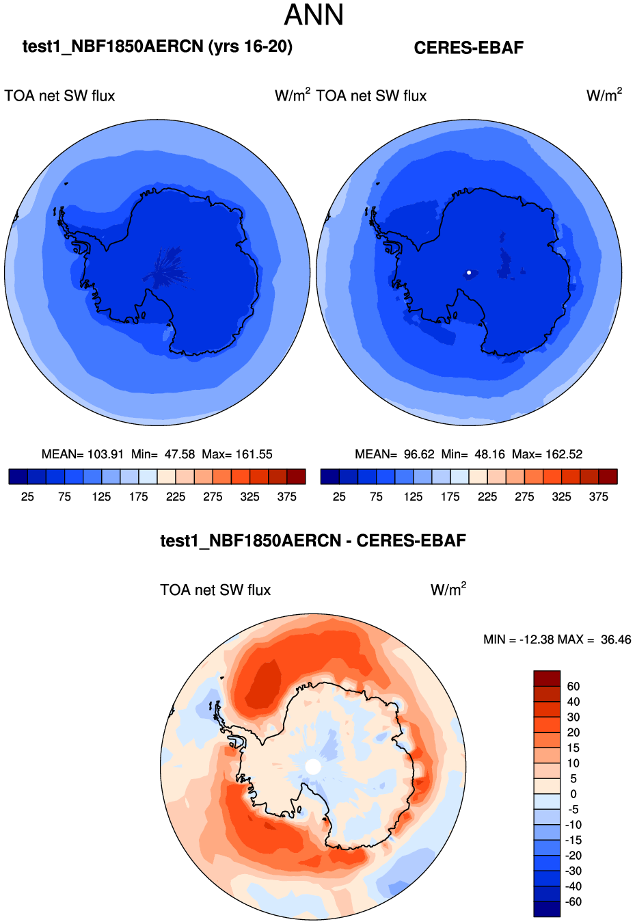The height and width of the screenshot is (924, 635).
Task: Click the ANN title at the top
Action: tap(314, 15)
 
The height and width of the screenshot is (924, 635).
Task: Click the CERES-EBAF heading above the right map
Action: tap(469, 48)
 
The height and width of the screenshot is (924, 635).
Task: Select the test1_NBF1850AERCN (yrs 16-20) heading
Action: tap(157, 47)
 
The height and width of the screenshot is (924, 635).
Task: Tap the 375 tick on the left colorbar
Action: tap(287, 497)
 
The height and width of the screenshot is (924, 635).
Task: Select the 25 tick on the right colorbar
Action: tap(339, 497)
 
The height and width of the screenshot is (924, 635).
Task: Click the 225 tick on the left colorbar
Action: tap(176, 497)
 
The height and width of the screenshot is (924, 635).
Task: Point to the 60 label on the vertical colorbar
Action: tap(573, 686)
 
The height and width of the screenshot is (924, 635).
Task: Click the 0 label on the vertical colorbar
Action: tap(573, 794)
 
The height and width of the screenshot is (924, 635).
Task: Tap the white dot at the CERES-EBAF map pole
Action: tap(469, 273)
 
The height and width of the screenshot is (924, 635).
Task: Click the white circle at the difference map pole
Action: tap(313, 767)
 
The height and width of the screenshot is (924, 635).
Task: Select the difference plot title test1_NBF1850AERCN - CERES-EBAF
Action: tap(313, 541)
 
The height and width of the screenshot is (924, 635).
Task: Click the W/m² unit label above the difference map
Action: tap(448, 590)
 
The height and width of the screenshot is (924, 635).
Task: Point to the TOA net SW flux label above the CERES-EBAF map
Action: tap(372, 96)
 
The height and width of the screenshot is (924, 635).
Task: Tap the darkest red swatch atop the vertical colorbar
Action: tap(547, 678)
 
